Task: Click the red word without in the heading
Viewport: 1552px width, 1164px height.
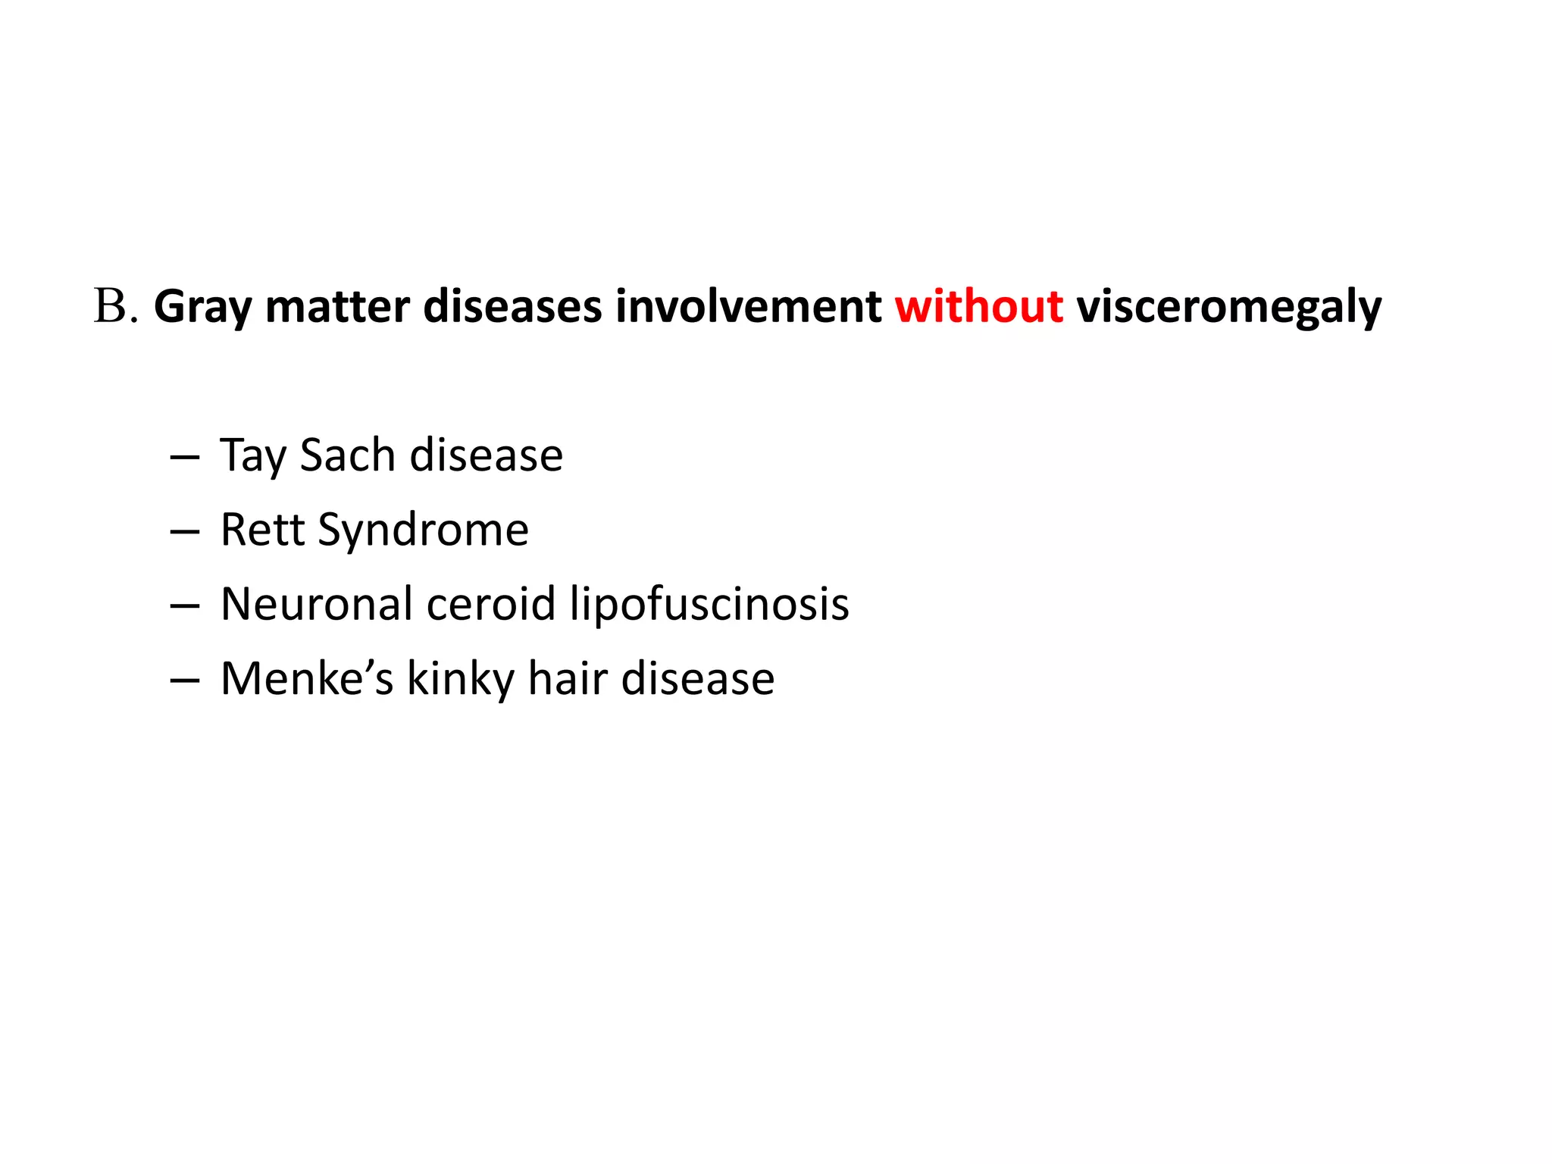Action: [978, 307]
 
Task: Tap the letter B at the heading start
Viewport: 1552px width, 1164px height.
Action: [110, 307]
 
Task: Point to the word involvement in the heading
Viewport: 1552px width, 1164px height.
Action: [748, 307]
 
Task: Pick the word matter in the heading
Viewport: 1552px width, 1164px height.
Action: [337, 307]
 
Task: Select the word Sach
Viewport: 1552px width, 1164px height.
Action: [348, 455]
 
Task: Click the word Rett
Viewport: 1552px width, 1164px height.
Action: [262, 530]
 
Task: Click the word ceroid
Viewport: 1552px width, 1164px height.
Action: [491, 604]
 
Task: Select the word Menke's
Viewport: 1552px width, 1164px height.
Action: [307, 678]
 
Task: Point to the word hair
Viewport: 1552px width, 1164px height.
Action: [568, 678]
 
